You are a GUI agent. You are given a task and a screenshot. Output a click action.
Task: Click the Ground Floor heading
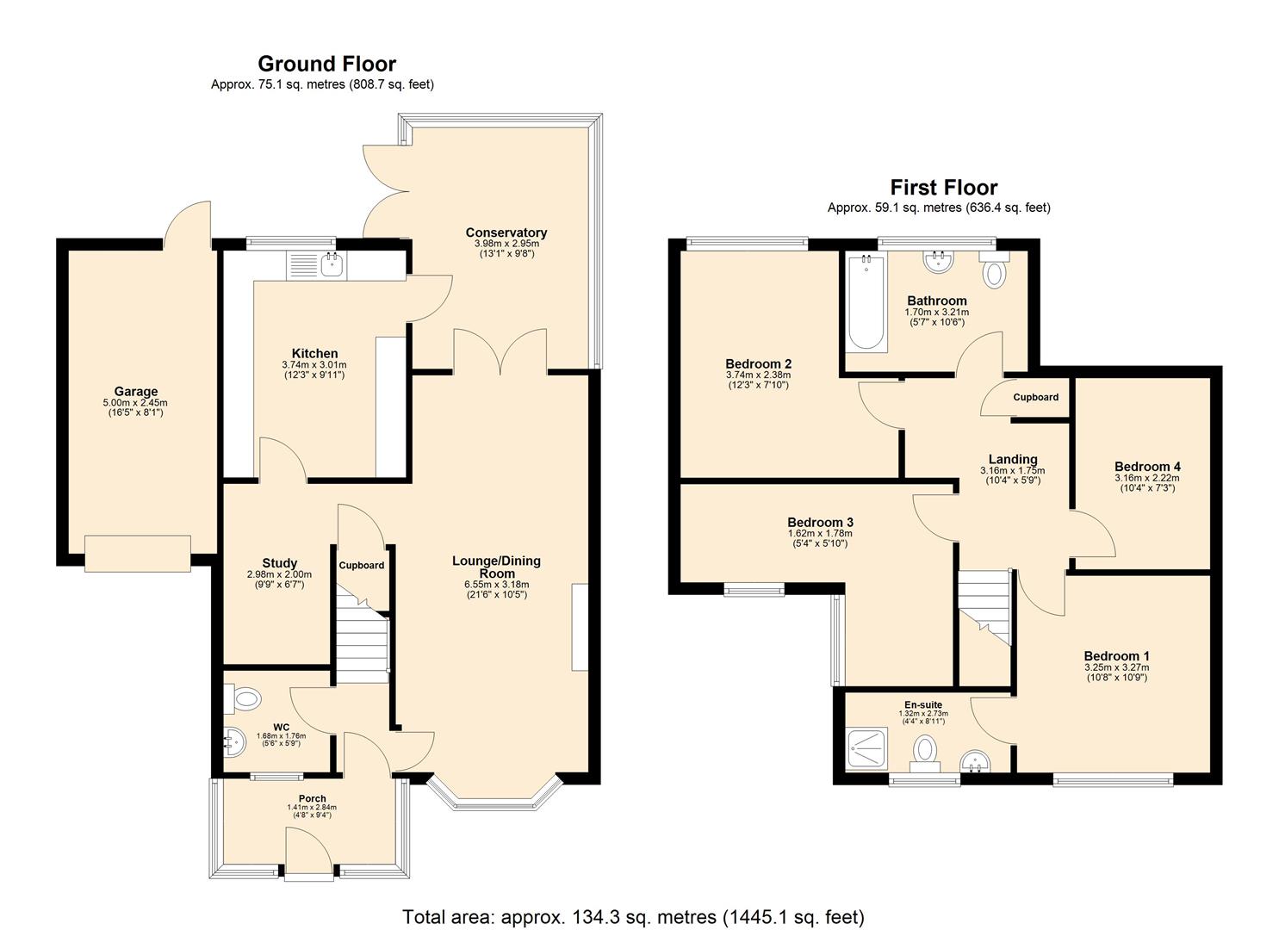[326, 64]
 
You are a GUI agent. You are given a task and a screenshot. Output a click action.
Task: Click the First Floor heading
[943, 187]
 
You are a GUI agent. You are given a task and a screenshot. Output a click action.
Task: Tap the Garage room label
[135, 391]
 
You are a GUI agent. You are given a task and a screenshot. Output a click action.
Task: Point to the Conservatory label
[506, 232]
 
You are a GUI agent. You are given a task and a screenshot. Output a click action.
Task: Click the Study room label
[279, 563]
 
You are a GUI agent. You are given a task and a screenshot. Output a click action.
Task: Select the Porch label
[312, 798]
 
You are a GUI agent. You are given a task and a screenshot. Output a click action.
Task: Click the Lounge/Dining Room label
[496, 567]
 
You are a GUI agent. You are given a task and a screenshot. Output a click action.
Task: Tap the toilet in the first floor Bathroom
[994, 273]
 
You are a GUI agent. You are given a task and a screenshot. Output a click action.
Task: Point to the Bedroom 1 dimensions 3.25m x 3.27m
[1116, 667]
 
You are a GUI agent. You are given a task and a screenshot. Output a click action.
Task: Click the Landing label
[1012, 459]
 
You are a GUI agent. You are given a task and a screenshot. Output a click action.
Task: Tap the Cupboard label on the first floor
[1035, 397]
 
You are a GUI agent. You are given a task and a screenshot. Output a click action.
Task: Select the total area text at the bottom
[633, 916]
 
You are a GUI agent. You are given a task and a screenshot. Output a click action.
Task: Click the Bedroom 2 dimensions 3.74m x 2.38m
[758, 375]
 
